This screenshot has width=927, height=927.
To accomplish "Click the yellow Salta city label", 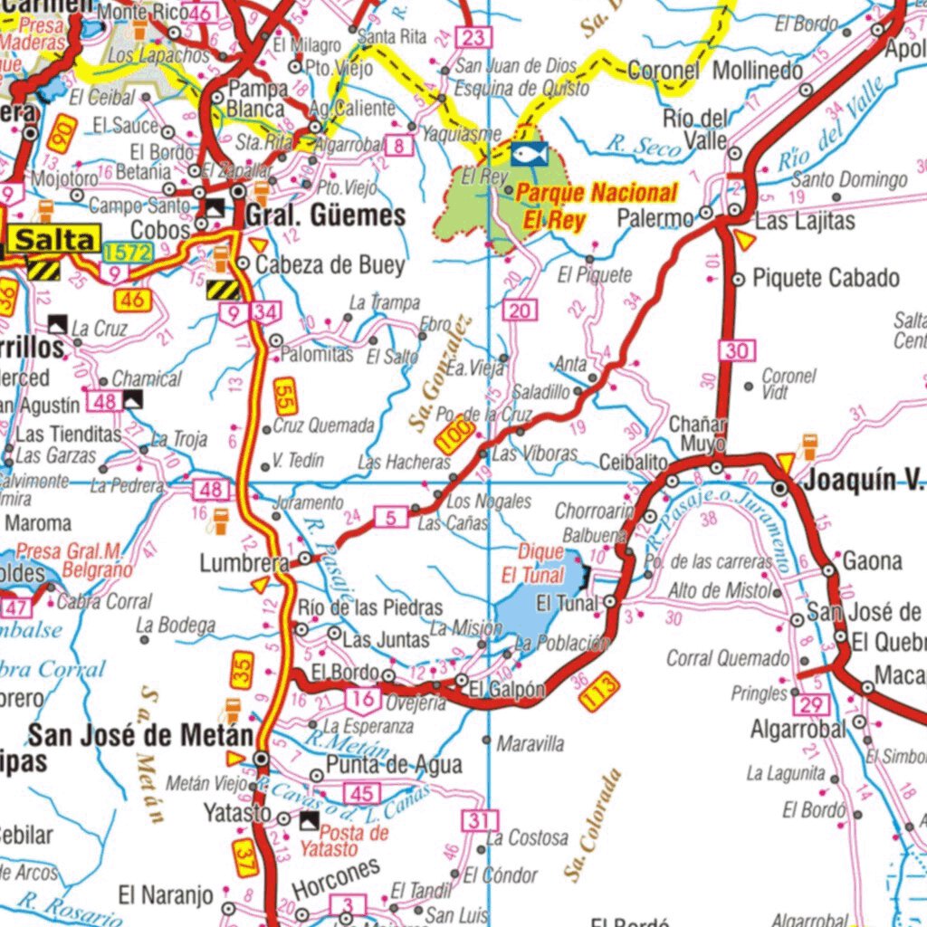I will pos(55,240).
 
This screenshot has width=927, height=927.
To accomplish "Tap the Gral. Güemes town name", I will pos(325,215).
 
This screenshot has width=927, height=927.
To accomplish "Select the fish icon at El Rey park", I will pos(528,153).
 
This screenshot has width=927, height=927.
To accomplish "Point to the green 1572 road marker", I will pos(127,253).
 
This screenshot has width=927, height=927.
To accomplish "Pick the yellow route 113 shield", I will pos(600,692).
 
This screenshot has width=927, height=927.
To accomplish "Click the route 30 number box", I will pos(738,350).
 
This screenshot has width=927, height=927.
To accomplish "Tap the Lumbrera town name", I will pos(244,564).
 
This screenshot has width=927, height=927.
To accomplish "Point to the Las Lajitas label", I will pos(804,221).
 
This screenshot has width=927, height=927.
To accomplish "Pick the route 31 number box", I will pos(480,821).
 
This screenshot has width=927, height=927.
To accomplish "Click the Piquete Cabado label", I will pos(826,278).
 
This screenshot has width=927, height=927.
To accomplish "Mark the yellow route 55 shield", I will pos(285,396).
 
